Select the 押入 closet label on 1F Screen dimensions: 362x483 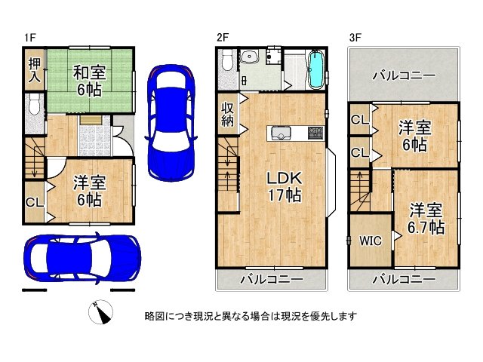(x=33, y=69)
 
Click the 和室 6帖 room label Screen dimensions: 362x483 (x=88, y=81)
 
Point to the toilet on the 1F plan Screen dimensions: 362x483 (x=32, y=106)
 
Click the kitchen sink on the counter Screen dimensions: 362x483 (x=278, y=133)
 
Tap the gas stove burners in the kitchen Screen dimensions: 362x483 (x=315, y=133)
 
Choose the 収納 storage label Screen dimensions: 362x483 (x=228, y=115)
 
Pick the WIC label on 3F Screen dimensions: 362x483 (x=370, y=241)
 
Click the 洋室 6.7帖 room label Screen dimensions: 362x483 (x=426, y=219)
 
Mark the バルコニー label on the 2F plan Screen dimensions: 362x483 (x=272, y=280)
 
